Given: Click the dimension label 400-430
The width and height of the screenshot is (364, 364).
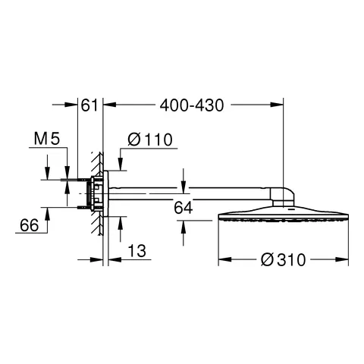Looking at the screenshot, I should point(193,105).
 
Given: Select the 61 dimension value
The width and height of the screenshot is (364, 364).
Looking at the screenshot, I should point(89,105).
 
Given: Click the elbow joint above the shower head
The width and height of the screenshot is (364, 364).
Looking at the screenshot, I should point(284,196).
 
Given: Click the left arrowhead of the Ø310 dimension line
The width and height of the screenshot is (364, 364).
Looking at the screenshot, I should point(221,260).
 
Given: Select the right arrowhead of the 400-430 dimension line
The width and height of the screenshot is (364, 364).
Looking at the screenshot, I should point(281,105).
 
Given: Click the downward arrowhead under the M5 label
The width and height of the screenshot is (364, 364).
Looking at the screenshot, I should point(48,175).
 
